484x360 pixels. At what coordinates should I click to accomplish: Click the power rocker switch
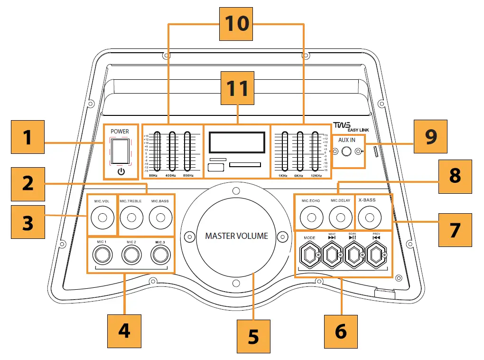coord(121,152)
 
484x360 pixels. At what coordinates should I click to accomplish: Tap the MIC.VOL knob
coord(102,218)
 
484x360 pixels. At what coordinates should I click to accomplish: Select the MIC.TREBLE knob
coord(131,218)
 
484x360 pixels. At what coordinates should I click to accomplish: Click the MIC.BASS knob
coord(160,218)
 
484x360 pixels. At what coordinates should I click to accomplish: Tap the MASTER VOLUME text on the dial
coord(236,236)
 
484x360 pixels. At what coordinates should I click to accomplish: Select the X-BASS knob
coord(368,218)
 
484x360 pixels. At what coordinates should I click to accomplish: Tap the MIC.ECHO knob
coord(311,218)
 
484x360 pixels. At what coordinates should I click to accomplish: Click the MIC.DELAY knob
coord(340,218)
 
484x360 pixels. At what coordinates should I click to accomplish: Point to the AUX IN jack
coord(347,152)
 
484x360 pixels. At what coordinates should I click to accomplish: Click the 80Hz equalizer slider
coord(158,151)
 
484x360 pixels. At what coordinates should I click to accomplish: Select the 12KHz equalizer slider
coord(315,151)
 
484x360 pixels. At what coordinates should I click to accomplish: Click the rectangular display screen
coord(236,142)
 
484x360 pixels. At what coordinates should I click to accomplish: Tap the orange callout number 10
coord(236,23)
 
